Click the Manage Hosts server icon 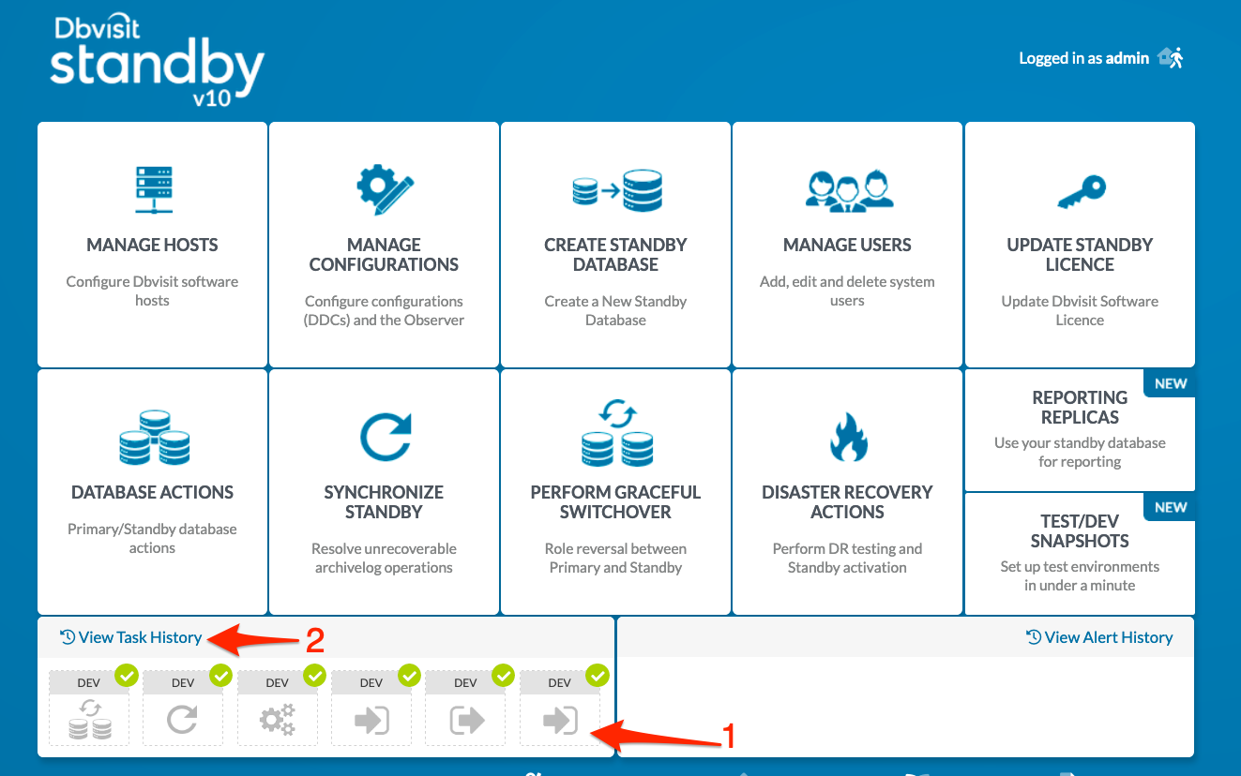point(154,190)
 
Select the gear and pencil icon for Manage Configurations point(385,189)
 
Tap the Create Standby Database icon point(617,190)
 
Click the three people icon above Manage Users point(848,191)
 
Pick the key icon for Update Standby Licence point(1082,192)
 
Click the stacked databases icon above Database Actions point(155,438)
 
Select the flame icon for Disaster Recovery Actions point(848,438)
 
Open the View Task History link point(130,637)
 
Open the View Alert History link point(1099,637)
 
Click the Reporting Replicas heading point(1080,407)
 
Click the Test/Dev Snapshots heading point(1080,530)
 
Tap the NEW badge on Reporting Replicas point(1170,383)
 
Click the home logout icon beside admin point(1171,57)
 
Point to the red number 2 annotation point(315,640)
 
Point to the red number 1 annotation point(729,736)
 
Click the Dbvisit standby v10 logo point(157,60)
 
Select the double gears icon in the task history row point(278,720)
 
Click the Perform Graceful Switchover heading point(615,502)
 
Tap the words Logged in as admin point(1083,58)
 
